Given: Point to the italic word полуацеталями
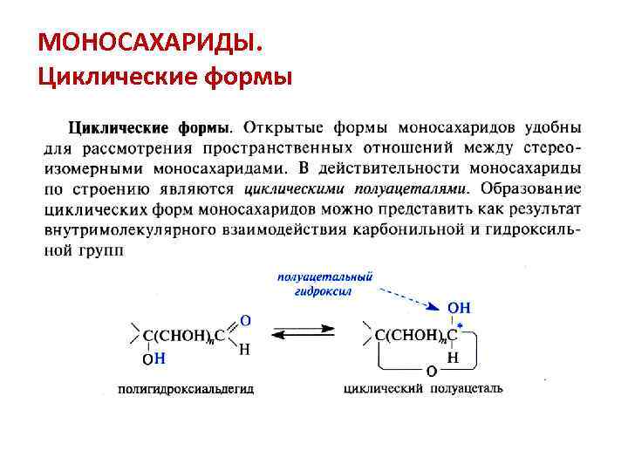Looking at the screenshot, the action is point(418,188).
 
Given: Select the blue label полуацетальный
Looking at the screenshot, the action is point(325,276).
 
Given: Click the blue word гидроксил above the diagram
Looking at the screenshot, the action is point(324,291).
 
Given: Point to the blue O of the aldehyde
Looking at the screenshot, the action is point(245,320).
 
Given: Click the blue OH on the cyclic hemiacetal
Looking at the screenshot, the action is point(459,308).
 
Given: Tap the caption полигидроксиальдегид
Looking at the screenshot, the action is point(188,389).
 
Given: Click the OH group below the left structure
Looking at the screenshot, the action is point(154,358).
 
